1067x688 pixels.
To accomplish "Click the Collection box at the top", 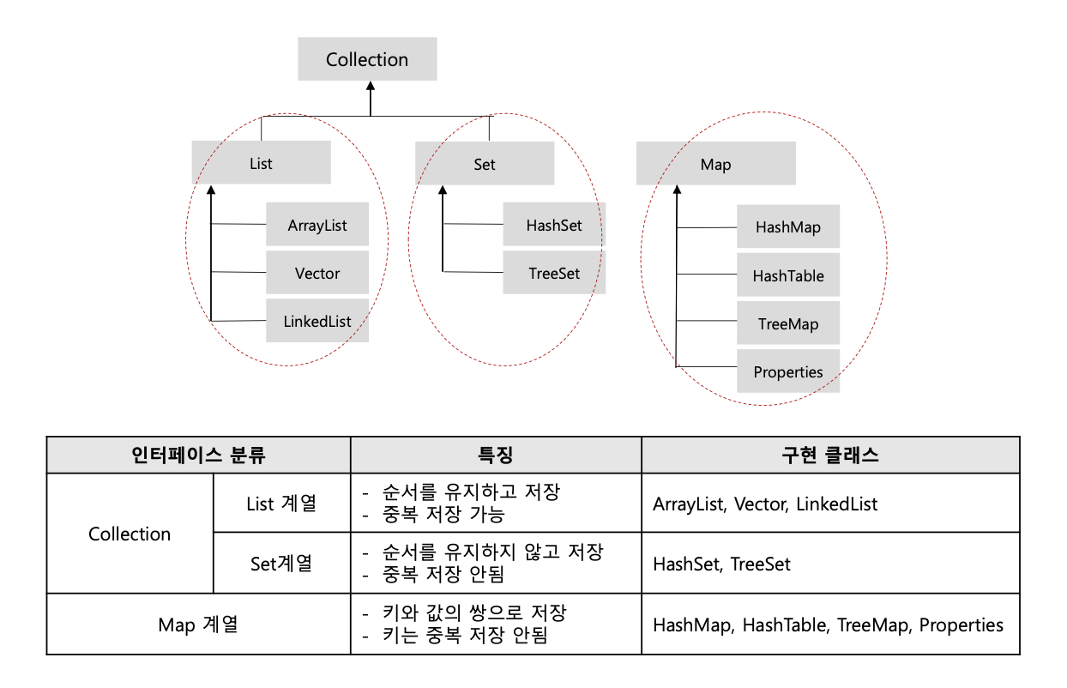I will [x=367, y=59].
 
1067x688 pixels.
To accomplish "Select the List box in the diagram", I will [x=261, y=163].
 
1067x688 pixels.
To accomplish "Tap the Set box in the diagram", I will [x=485, y=164].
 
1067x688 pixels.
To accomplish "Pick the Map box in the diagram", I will [x=715, y=164].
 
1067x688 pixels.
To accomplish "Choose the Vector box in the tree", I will [x=317, y=274].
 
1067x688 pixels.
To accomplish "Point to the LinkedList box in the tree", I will [x=317, y=322].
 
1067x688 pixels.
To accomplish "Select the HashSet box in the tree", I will [x=554, y=226].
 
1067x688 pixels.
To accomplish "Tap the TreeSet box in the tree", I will [x=554, y=274].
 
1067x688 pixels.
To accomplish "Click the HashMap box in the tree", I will [x=788, y=227].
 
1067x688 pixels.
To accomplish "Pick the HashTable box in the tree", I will [x=788, y=276].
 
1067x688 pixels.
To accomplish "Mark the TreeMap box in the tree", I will [x=788, y=324].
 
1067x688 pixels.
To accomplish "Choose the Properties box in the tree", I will [x=788, y=372].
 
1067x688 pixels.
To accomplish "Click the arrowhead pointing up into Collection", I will [x=371, y=87].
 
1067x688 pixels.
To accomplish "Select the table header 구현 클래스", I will [x=830, y=455].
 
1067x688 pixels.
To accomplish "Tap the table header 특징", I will [x=496, y=455].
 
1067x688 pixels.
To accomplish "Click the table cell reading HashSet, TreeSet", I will [x=721, y=564].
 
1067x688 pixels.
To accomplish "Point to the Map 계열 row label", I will [x=198, y=624].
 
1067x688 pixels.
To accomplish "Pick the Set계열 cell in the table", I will [x=281, y=563].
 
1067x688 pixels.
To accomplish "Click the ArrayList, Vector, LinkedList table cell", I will [x=765, y=504].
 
